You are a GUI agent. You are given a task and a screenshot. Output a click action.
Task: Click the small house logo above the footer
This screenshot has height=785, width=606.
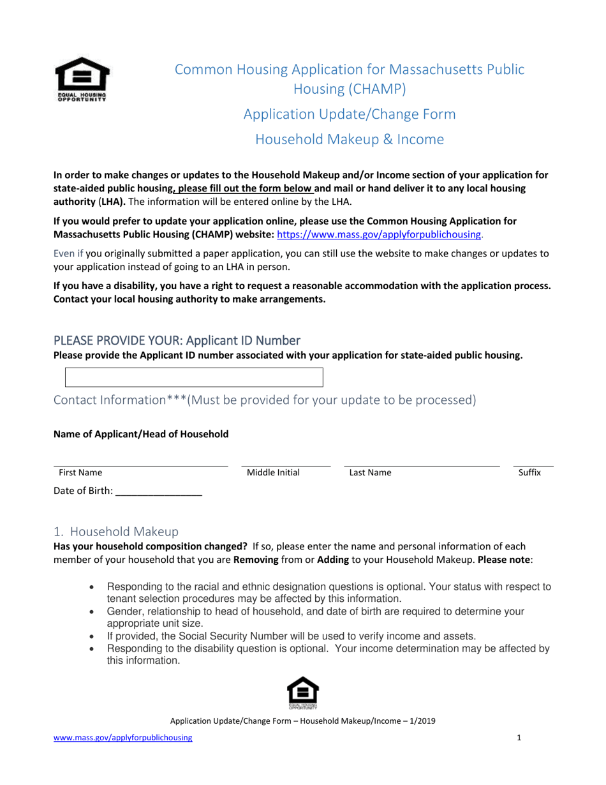303,693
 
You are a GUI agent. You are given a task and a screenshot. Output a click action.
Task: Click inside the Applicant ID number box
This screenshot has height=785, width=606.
195,377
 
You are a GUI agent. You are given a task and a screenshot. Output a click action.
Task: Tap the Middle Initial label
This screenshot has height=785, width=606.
273,473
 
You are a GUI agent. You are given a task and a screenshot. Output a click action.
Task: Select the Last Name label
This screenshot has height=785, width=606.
370,473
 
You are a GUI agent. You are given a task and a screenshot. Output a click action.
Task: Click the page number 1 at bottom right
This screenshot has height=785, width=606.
519,738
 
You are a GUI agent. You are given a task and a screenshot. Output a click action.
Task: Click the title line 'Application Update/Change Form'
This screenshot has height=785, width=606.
350,115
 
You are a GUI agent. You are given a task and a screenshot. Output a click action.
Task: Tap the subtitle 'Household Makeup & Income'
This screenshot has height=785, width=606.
350,139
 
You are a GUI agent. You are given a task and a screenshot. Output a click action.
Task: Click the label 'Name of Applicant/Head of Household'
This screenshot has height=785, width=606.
140,434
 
